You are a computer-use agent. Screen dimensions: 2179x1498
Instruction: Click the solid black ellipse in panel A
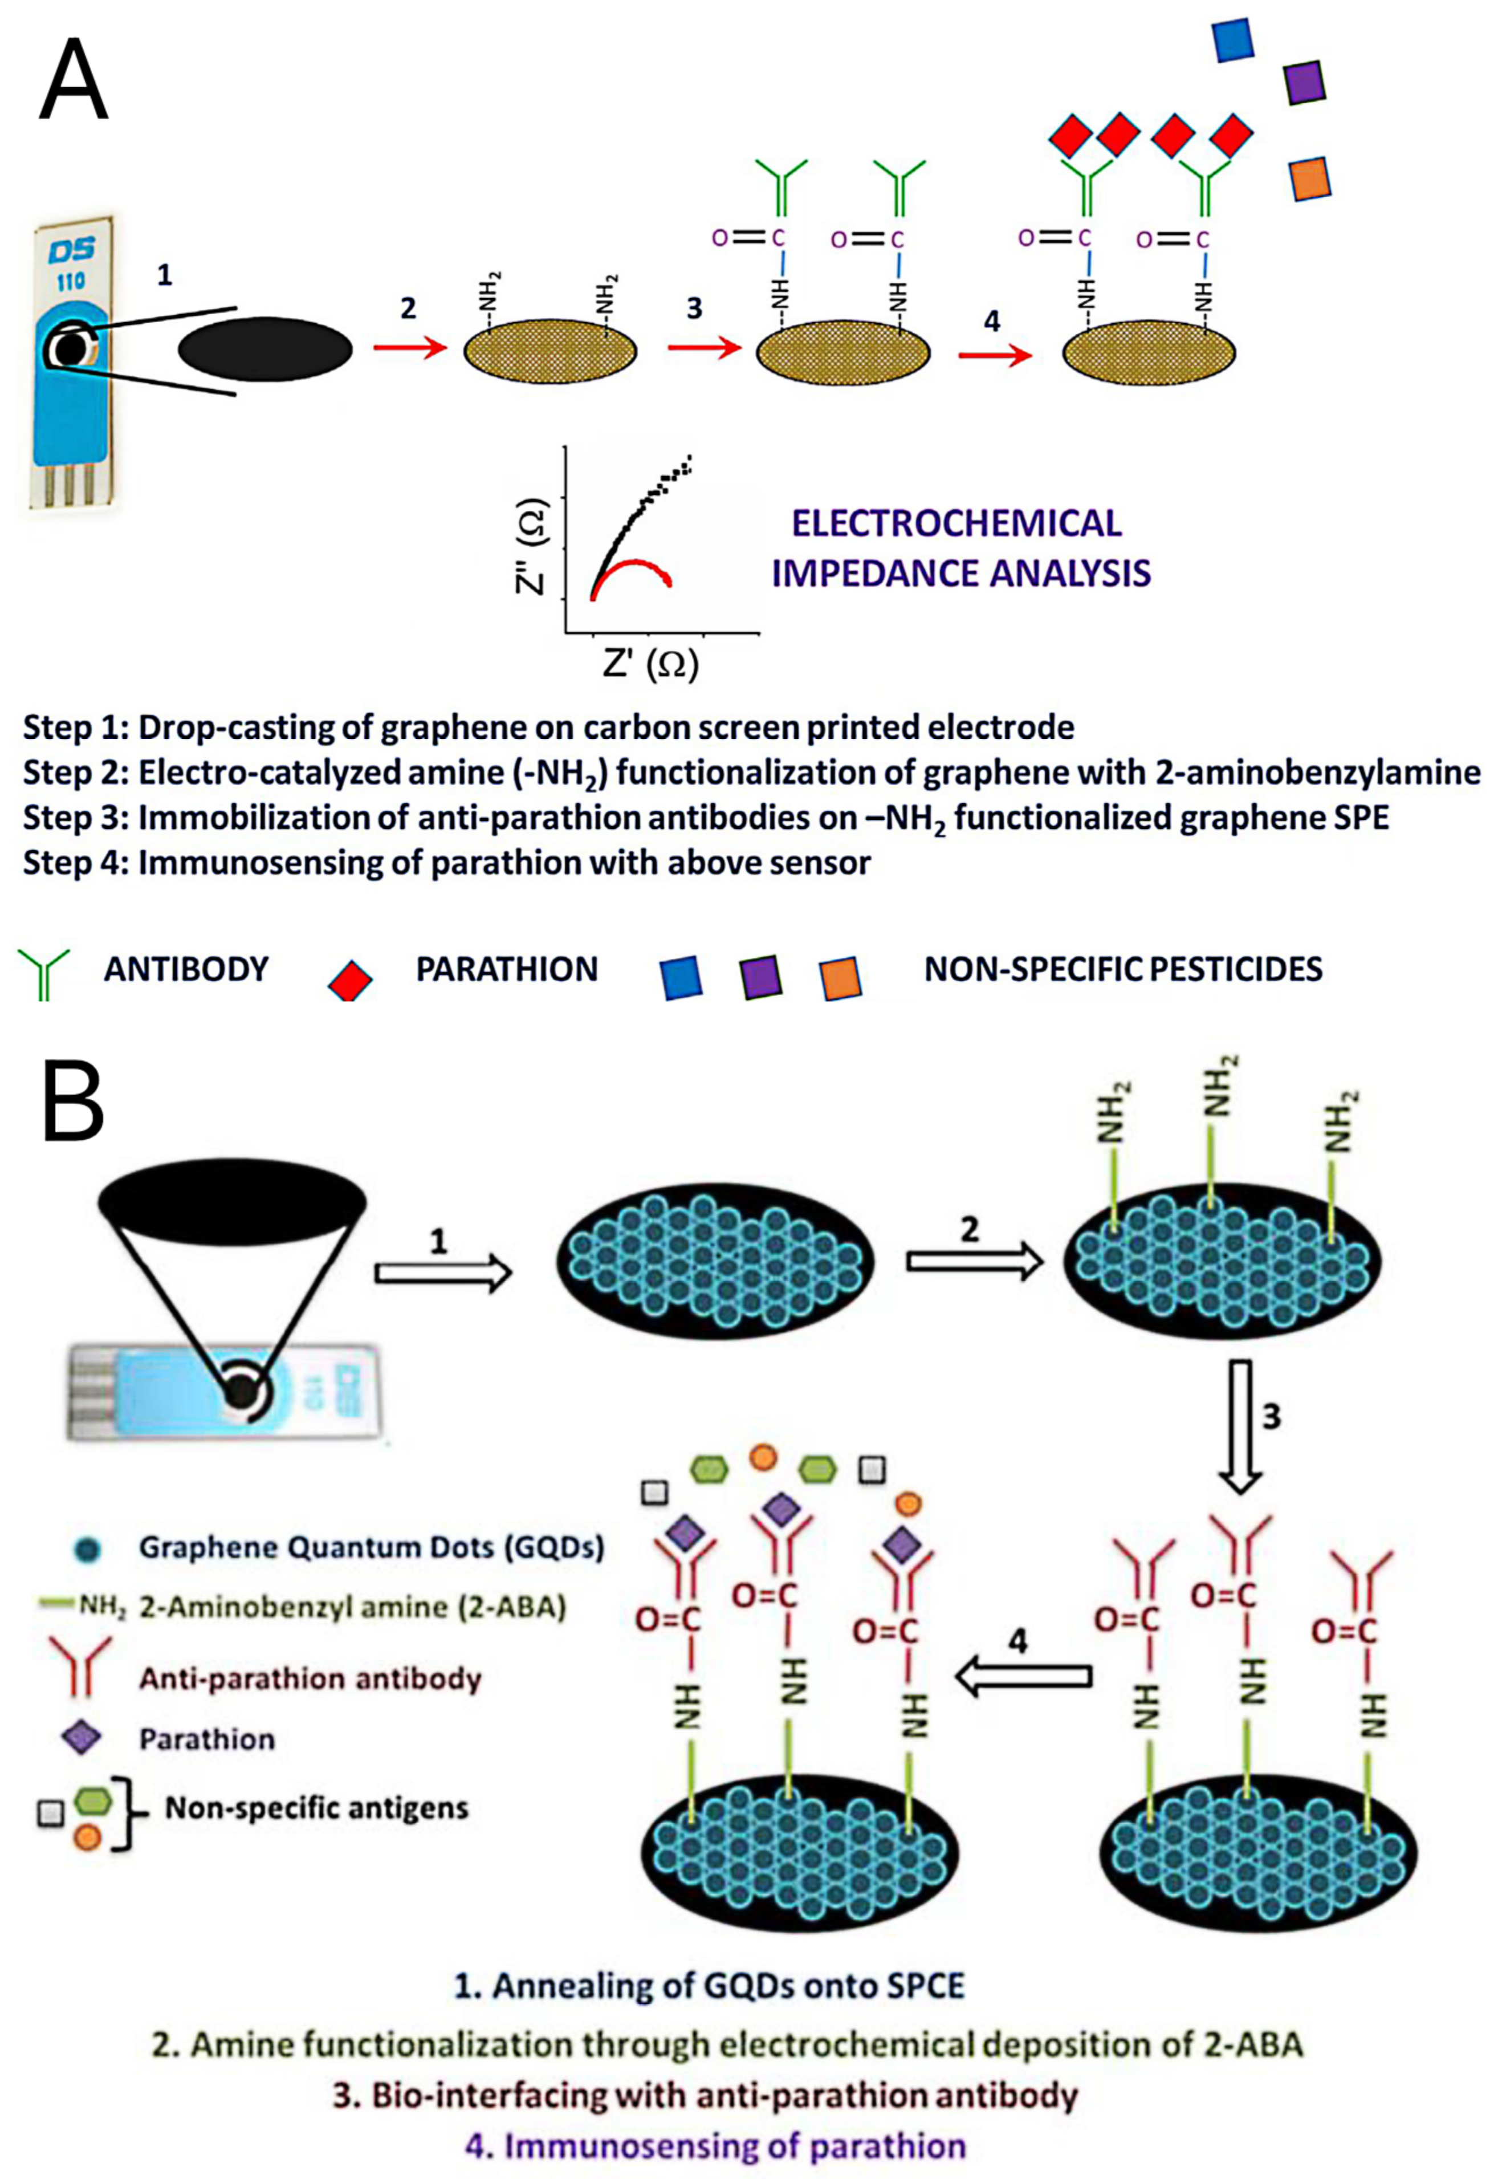266,350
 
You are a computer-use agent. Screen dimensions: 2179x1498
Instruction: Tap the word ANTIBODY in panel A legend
186,969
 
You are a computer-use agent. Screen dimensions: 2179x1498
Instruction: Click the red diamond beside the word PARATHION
350,978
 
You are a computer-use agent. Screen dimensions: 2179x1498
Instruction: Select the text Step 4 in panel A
75,862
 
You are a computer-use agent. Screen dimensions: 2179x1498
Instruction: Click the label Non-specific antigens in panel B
316,1807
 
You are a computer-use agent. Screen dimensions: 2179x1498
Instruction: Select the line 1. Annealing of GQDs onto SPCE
710,1986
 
